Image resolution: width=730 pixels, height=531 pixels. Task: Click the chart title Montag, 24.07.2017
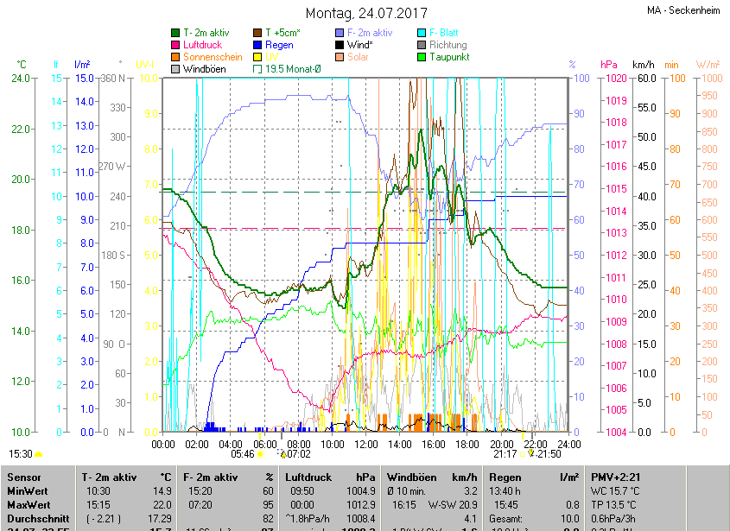[366, 13]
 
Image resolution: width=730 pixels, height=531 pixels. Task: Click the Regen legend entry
[278, 44]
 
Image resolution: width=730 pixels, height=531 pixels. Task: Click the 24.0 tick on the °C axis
[21, 78]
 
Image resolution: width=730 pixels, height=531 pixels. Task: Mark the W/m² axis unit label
[708, 65]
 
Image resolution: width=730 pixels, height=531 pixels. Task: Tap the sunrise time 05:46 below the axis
[243, 453]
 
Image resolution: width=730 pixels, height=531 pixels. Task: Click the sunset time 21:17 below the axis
[505, 453]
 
